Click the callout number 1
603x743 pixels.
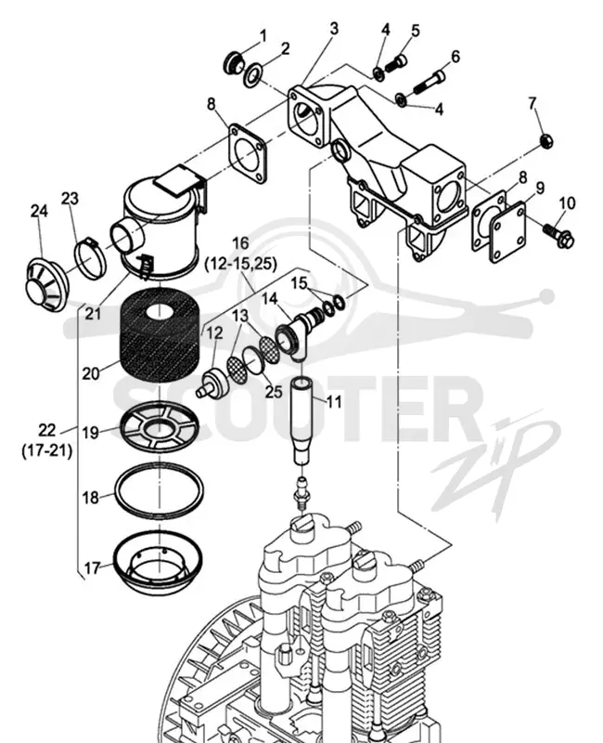click(x=263, y=36)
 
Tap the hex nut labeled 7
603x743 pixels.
click(x=546, y=140)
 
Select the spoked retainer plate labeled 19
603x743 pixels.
click(x=159, y=428)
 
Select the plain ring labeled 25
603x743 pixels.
click(x=254, y=361)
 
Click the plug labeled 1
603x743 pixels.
click(x=233, y=64)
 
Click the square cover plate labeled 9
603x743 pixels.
click(x=507, y=232)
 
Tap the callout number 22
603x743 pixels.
click(x=47, y=431)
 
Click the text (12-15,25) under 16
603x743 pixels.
click(x=240, y=263)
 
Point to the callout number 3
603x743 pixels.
click(x=334, y=29)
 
